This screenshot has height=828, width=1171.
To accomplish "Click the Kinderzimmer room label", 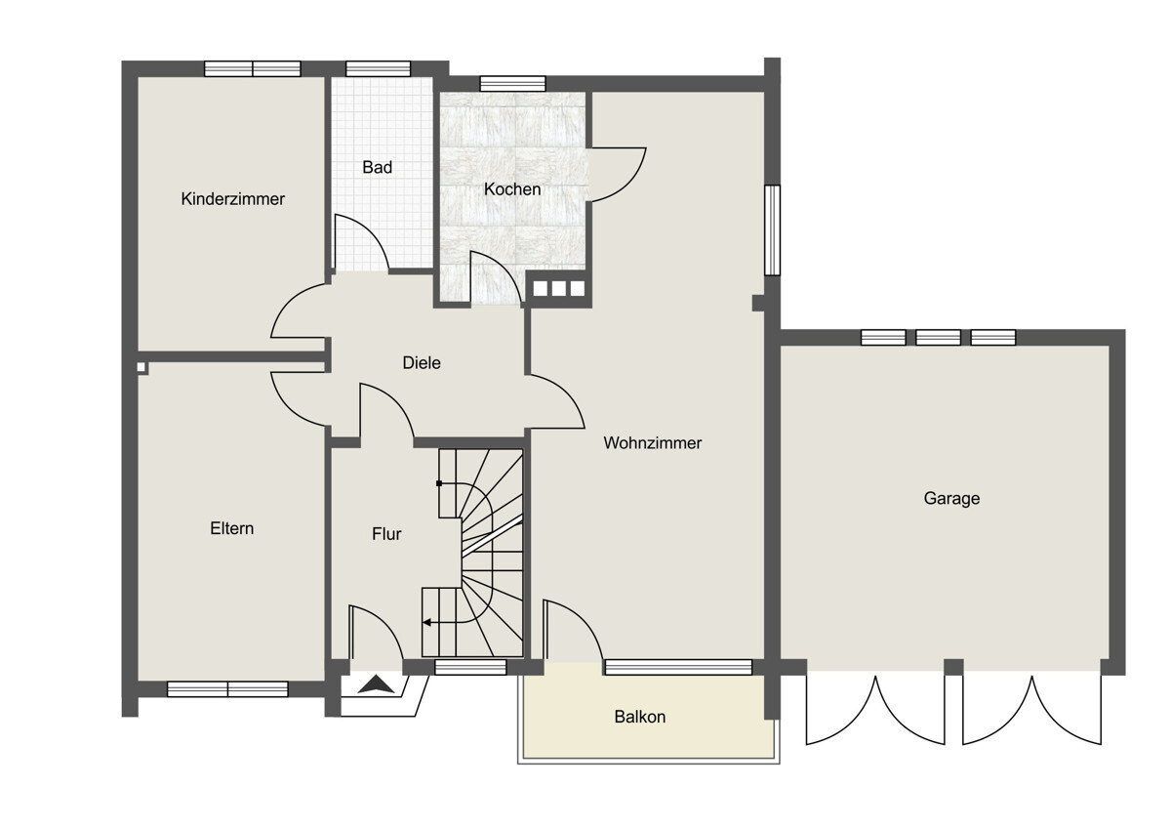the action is click(x=232, y=199).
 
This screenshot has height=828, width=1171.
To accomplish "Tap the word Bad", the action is click(x=377, y=167).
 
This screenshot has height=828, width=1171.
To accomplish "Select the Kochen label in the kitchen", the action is click(x=512, y=189).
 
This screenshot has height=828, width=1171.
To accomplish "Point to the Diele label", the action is click(x=422, y=363).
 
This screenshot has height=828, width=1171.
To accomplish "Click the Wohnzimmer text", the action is click(x=653, y=443).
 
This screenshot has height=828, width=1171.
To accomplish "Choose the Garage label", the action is click(x=951, y=499).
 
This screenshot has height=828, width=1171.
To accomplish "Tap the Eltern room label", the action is click(x=231, y=528).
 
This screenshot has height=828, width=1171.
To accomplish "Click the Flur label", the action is click(x=386, y=534).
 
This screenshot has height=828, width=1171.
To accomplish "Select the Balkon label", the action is click(x=640, y=717).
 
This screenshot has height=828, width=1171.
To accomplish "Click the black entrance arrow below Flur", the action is click(x=377, y=685).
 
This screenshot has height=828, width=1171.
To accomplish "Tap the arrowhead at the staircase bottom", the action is click(x=426, y=622).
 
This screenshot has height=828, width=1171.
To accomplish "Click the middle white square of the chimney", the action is click(x=558, y=289).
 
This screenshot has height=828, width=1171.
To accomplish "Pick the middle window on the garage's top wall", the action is click(x=938, y=338).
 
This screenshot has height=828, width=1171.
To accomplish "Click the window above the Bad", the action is click(x=378, y=68).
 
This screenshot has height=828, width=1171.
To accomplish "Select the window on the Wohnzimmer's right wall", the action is click(x=772, y=229).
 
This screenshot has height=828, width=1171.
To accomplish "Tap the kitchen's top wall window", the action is click(x=513, y=84).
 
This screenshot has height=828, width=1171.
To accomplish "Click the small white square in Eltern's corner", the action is click(x=141, y=367).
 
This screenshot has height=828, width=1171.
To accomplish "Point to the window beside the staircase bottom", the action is click(x=470, y=667).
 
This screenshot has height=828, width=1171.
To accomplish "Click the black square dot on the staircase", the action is click(x=439, y=483).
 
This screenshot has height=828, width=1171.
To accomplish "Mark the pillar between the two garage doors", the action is click(x=954, y=667).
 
